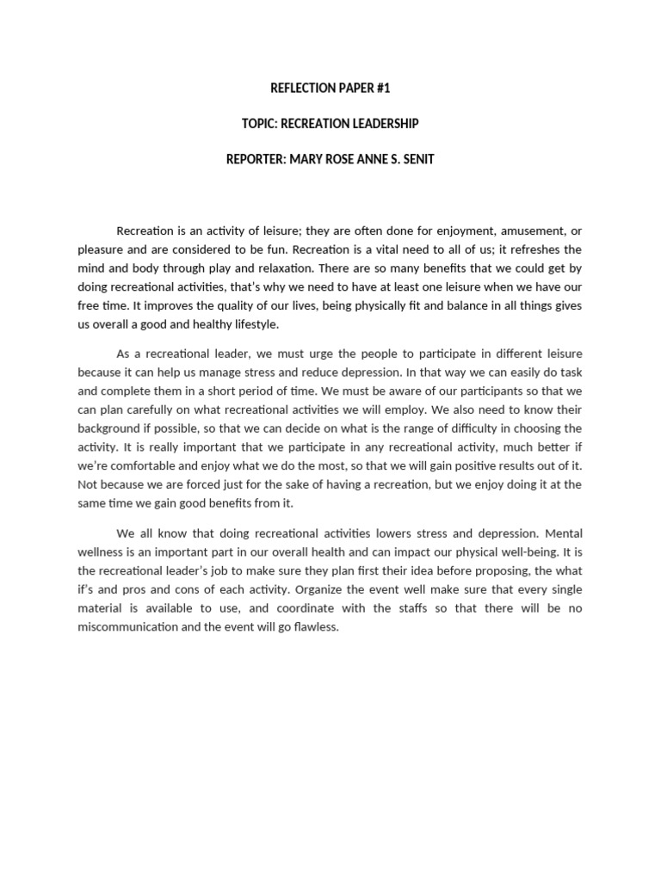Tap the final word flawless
(x=317, y=627)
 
